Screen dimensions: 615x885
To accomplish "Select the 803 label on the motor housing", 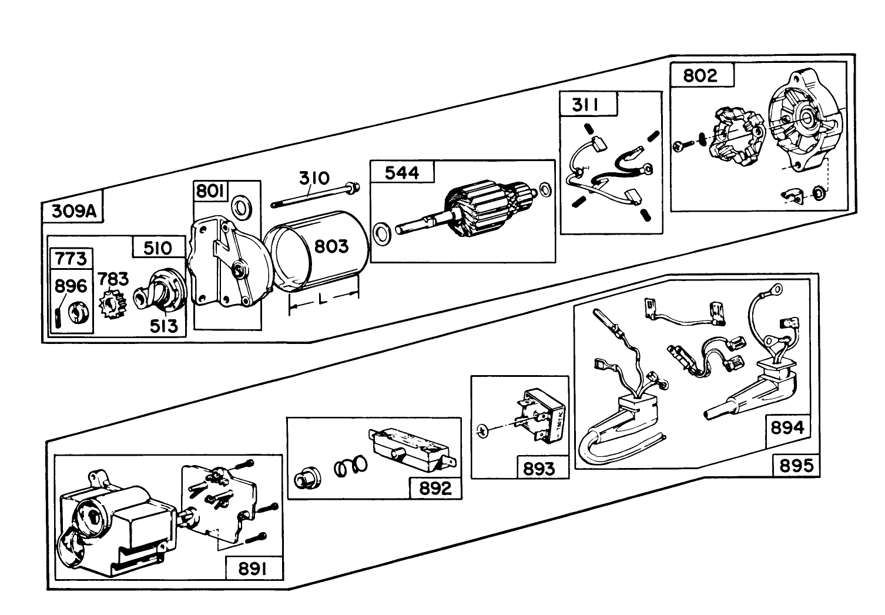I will coord(331,246).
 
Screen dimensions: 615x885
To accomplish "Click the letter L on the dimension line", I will coord(322,299).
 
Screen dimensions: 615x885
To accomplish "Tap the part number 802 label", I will coord(699,75).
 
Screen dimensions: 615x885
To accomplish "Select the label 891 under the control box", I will coord(252,569).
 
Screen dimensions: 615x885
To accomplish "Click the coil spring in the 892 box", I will coord(350,467).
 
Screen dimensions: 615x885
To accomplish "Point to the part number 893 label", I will coord(538,469).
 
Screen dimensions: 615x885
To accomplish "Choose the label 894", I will coord(787,427).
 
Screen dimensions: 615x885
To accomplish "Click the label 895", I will coord(796,466).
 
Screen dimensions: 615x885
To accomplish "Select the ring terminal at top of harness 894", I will coord(776,289).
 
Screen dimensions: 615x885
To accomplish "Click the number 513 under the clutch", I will coord(164,326).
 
